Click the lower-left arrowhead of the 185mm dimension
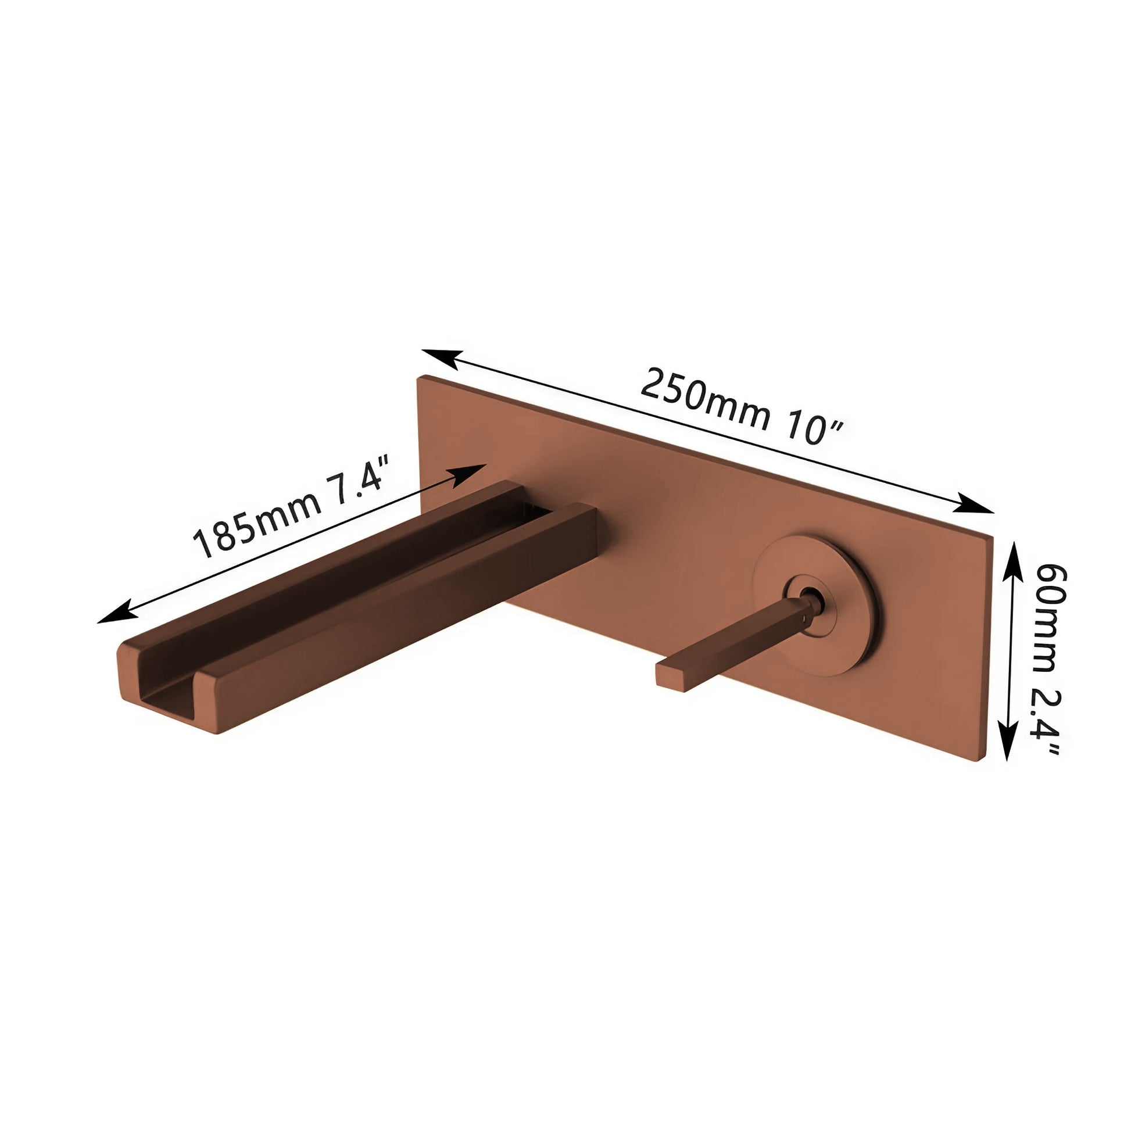click(x=117, y=614)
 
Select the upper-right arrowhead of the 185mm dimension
click(x=469, y=473)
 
